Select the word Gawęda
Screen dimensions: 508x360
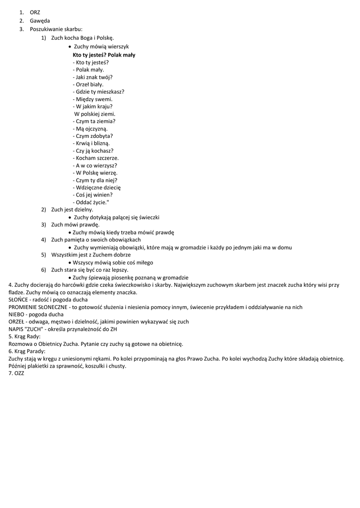pos(40,21)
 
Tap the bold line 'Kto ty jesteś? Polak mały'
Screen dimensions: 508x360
pos(104,55)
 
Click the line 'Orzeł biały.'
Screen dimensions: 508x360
pos(89,84)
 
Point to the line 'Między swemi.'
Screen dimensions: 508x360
pos(92,99)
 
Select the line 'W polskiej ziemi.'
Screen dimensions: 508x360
pos(94,114)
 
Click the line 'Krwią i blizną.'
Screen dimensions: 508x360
pos(91,143)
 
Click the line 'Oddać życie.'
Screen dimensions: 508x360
pos(90,202)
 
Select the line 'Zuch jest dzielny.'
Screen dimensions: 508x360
pos(72,210)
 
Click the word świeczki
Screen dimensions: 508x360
pos(149,217)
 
